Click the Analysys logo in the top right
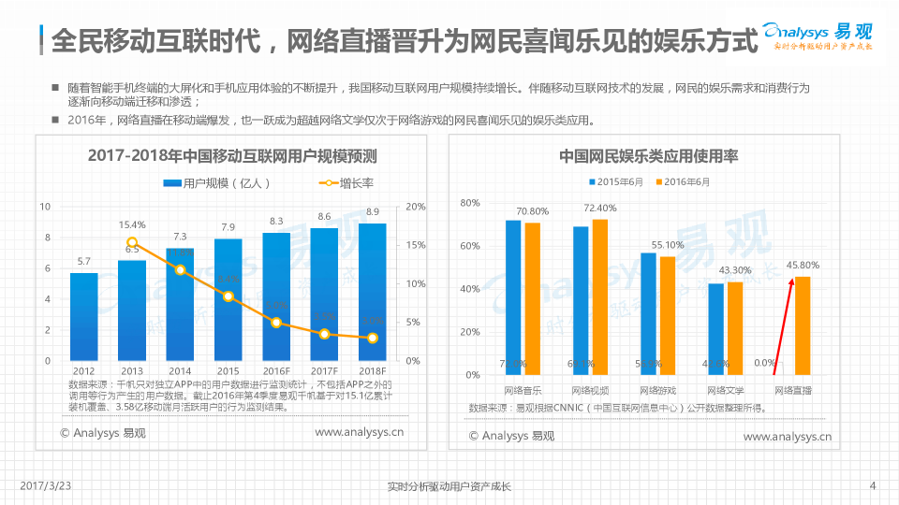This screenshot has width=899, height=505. [x=818, y=36]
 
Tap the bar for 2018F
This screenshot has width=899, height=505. [x=372, y=292]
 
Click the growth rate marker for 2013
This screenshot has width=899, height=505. [x=132, y=243]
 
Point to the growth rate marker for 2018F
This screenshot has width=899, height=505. [x=372, y=338]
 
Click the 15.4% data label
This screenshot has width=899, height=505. [x=132, y=224]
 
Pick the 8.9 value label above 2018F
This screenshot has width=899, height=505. [x=372, y=211]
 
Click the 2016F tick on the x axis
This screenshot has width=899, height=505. [x=275, y=370]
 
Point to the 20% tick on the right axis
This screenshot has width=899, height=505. [x=416, y=206]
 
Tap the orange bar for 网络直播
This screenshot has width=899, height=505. [x=803, y=325]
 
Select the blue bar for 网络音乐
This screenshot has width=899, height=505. [x=513, y=297]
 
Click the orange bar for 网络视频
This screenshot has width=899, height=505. [x=600, y=296]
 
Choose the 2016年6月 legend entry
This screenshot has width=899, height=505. [x=683, y=181]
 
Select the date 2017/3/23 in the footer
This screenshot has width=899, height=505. [x=45, y=485]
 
